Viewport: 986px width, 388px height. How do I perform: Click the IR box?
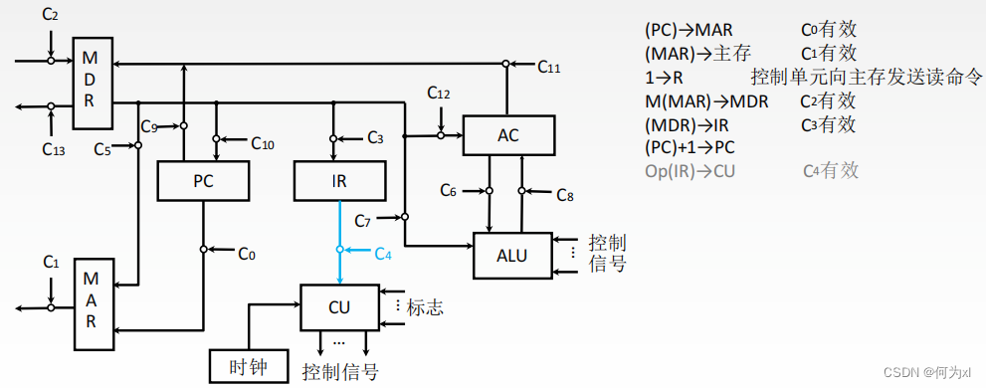[338, 183]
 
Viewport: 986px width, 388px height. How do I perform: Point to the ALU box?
[512, 256]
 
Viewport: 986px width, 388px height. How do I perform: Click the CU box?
[340, 307]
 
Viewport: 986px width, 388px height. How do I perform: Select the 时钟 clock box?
[247, 365]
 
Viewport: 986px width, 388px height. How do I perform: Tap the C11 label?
[549, 68]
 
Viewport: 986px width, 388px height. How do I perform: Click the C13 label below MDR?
[55, 148]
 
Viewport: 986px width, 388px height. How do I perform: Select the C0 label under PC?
[247, 254]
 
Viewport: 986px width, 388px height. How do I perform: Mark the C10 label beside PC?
[262, 144]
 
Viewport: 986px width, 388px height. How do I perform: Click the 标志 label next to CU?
[424, 307]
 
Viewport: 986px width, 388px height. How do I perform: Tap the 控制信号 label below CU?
[339, 372]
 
